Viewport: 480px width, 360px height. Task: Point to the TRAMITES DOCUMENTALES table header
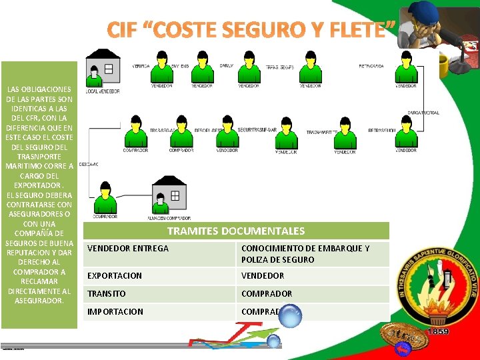click(235, 231)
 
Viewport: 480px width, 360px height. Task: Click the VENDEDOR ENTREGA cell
click(129, 248)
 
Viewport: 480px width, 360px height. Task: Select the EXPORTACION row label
click(115, 275)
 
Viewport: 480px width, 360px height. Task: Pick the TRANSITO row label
click(107, 293)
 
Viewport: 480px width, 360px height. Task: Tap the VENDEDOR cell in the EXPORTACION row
click(263, 275)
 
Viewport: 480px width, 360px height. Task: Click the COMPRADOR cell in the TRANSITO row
click(267, 293)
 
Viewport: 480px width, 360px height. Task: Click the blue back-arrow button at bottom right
click(403, 349)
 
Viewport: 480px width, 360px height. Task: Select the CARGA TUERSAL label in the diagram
click(423, 113)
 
